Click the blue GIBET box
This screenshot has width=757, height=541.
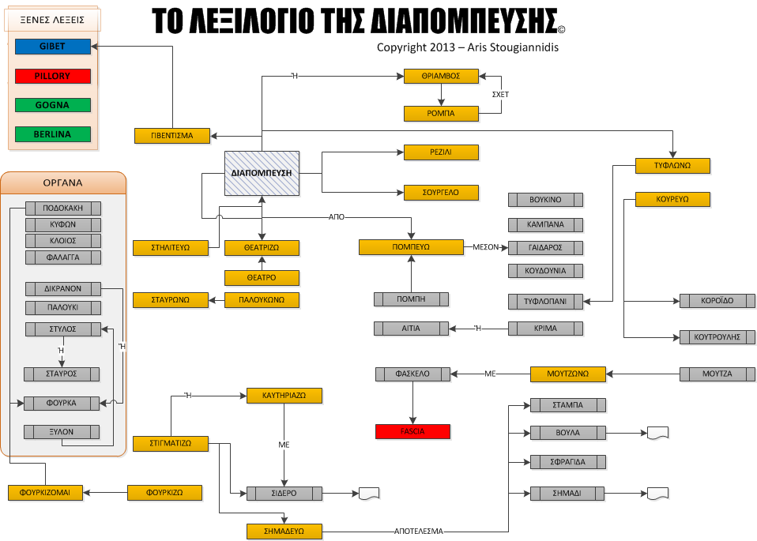(52, 47)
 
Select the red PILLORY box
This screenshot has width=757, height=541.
(52, 76)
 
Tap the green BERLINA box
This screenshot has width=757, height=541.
(52, 134)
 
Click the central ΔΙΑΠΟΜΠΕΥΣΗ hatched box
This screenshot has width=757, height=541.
(262, 173)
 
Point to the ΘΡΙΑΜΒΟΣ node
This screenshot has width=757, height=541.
(441, 77)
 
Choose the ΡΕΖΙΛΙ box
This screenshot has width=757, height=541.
(441, 152)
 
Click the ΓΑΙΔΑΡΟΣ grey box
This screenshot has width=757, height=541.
(545, 247)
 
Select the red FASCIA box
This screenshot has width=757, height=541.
(412, 431)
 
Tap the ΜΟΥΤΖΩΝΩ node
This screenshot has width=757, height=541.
(568, 374)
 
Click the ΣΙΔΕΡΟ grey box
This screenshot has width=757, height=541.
(284, 494)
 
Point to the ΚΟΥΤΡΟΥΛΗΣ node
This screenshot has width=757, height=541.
(711, 337)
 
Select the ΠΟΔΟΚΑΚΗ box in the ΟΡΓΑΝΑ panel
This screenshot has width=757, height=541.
(63, 209)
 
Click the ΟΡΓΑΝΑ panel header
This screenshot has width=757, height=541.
(62, 182)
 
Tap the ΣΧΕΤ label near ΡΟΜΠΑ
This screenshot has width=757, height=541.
(500, 94)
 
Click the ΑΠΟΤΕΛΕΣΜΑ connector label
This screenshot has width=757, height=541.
(419, 531)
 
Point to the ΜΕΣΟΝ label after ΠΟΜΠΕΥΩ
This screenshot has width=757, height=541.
(486, 247)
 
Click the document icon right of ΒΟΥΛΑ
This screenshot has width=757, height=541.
(657, 433)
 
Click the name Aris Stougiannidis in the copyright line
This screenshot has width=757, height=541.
(513, 47)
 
